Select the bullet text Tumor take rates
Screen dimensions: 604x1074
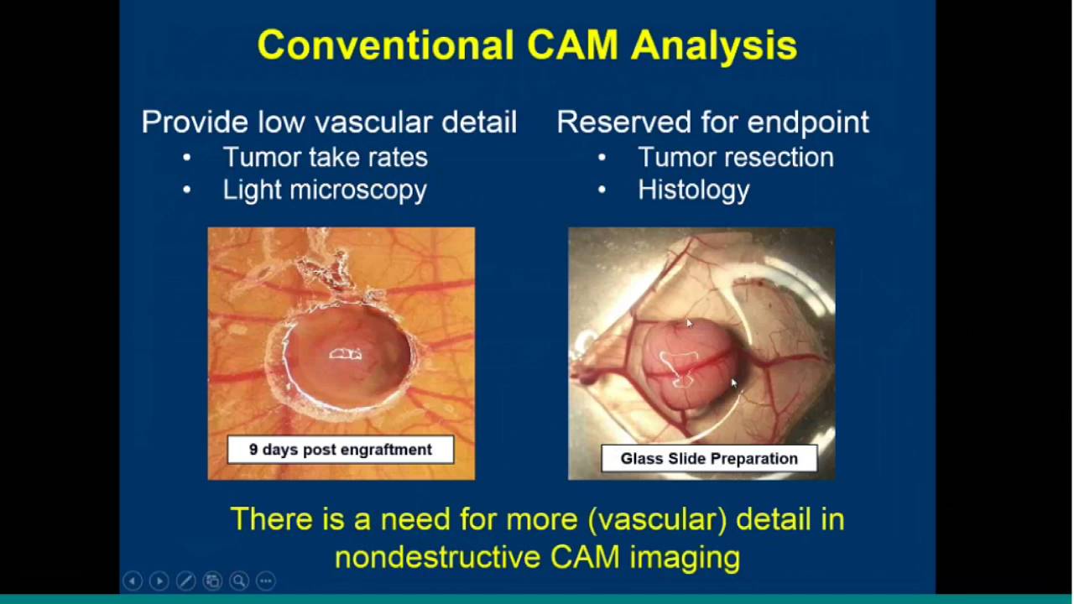click(x=325, y=157)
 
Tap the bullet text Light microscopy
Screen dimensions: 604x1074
click(x=325, y=190)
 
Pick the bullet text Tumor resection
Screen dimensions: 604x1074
click(x=735, y=157)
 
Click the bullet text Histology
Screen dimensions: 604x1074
click(x=693, y=190)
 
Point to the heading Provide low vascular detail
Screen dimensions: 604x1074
click(x=329, y=122)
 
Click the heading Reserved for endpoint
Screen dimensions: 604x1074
click(x=712, y=122)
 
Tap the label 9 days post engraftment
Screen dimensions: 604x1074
click(x=341, y=450)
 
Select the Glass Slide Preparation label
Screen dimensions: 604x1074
click(x=709, y=459)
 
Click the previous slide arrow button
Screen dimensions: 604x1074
click(x=133, y=581)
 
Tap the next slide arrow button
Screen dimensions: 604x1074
click(x=159, y=581)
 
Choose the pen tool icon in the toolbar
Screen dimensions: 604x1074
click(x=186, y=581)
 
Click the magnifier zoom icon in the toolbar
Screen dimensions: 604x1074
click(x=239, y=581)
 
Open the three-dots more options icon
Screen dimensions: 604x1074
click(x=265, y=581)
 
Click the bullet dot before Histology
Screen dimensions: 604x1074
click(x=602, y=190)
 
